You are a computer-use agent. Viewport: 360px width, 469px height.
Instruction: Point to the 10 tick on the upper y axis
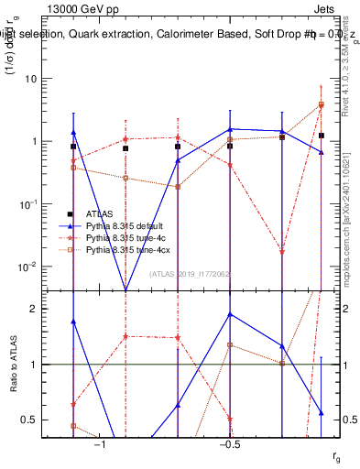pyautogui.click(x=31, y=80)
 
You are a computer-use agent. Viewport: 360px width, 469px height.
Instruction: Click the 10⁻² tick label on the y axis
pyautogui.click(x=28, y=267)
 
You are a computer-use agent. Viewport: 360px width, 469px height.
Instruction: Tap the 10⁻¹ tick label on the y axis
pyautogui.click(x=28, y=204)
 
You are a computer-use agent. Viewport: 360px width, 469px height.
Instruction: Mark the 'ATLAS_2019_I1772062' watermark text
pyautogui.click(x=191, y=274)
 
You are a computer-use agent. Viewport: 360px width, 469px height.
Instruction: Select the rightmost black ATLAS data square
pyautogui.click(x=322, y=136)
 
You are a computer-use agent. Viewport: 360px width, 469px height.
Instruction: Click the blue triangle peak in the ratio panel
pyautogui.click(x=230, y=314)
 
